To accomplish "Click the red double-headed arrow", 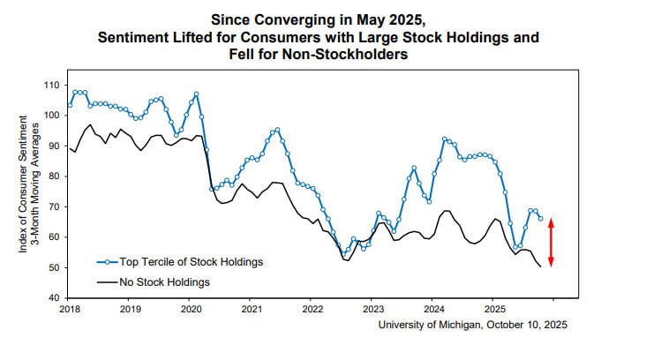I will [x=552, y=243].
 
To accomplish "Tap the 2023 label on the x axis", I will [x=373, y=311].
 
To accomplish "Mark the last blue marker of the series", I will [x=540, y=218].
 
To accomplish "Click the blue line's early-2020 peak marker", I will [x=196, y=94].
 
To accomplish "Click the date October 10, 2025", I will [x=528, y=325].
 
